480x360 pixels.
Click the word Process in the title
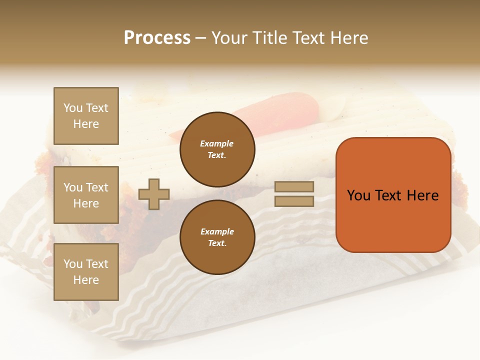tap(157, 38)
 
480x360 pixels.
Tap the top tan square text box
tap(86, 116)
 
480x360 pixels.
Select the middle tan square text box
tap(86, 195)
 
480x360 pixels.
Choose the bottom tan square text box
tap(86, 272)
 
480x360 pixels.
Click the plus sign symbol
tap(154, 194)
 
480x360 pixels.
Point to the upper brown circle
tap(217, 149)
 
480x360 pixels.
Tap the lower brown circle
tap(217, 237)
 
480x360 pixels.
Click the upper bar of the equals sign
tap(294, 186)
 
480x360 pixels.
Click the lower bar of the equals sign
tap(294, 201)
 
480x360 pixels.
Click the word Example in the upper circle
tap(217, 143)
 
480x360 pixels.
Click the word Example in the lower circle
tap(217, 231)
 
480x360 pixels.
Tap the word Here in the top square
tap(86, 124)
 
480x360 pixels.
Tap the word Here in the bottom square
tap(86, 280)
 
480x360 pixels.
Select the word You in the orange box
tap(358, 195)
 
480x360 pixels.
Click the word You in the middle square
tap(73, 187)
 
